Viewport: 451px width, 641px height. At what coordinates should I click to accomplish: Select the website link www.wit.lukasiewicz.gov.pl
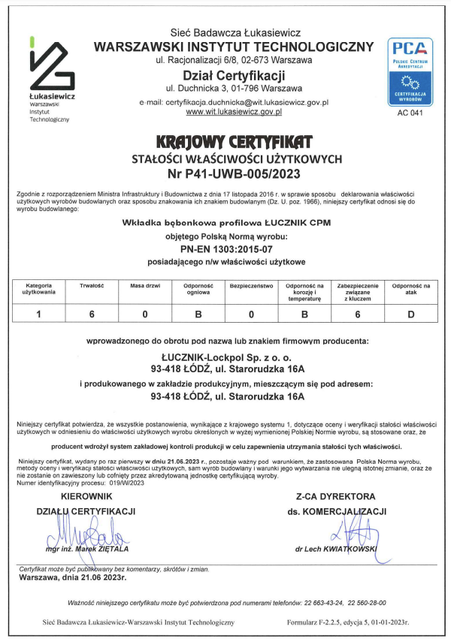pos(233,111)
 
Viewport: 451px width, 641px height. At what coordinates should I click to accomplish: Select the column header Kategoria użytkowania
pos(39,289)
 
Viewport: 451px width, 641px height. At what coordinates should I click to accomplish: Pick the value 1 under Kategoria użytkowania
pos(39,314)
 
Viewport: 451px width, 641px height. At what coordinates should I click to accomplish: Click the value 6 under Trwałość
pos(92,314)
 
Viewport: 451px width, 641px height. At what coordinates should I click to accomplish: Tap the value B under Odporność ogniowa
pos(198,314)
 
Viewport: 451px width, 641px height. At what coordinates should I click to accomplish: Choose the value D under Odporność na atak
pos(411,314)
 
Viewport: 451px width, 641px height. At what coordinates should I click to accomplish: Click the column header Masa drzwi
pos(144,286)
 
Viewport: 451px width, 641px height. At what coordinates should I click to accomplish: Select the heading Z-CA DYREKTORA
pos(335,496)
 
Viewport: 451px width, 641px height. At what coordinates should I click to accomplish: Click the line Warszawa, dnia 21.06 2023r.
pos(72,579)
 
